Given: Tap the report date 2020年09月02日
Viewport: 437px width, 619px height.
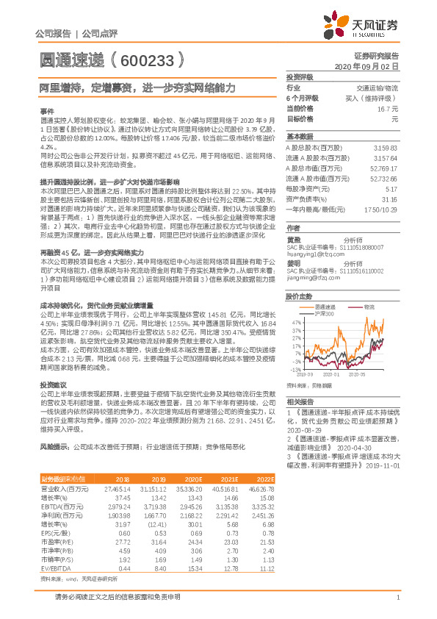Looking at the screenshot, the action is [366, 66].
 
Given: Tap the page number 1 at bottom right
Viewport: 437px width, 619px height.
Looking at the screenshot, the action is [397, 597].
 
